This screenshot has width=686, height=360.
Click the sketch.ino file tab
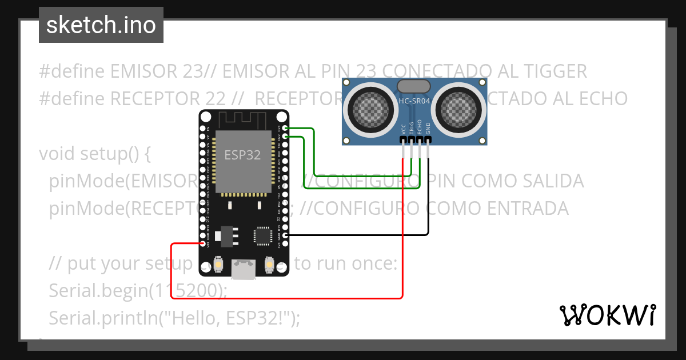point(101,25)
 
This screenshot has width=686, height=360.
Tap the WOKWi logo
point(607,315)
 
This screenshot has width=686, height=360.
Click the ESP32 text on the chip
point(242,155)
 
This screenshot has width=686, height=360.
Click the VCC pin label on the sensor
point(404,129)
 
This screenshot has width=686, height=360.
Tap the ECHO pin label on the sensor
point(420,127)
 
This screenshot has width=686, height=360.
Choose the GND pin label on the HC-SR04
point(428,129)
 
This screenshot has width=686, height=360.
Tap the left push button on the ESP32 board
point(218,265)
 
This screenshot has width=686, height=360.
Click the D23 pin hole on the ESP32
point(285,129)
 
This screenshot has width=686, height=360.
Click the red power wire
point(286,298)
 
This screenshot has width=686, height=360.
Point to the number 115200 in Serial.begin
point(188,291)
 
